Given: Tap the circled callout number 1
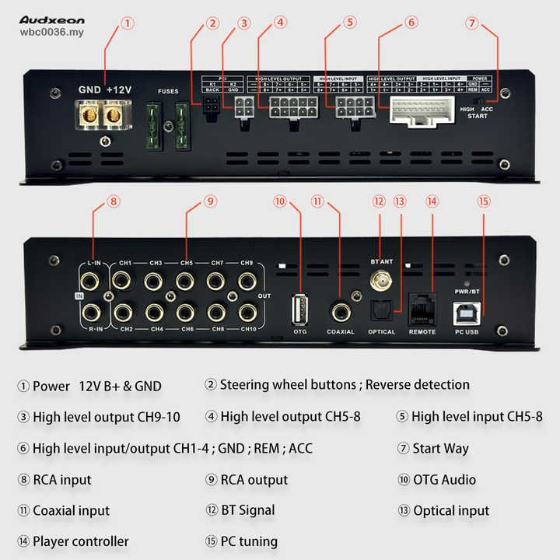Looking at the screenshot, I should tap(128, 23).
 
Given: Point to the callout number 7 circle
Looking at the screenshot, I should tap(471, 23).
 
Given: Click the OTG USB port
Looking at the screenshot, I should tap(300, 309).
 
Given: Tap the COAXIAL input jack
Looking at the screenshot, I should tap(339, 311).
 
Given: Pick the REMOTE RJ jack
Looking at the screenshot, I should tap(422, 305).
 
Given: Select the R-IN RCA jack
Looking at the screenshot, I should tap(91, 313).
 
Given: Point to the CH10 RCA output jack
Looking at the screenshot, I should tap(247, 313).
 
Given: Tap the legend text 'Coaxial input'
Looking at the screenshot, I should tap(71, 511).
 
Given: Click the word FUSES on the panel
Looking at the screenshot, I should tap(168, 92).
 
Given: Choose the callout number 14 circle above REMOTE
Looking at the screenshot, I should tap(432, 201).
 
